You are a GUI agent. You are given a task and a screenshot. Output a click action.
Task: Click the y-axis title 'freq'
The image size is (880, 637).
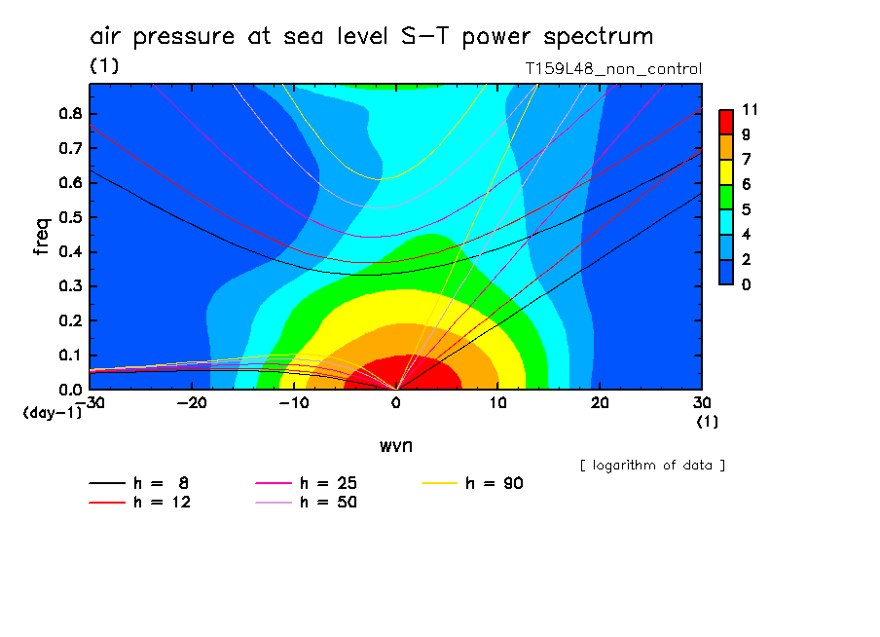tap(41, 236)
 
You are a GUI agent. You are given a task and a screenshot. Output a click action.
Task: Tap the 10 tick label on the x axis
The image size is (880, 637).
tap(497, 403)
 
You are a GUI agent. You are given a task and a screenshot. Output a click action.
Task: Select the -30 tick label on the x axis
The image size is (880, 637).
tap(89, 403)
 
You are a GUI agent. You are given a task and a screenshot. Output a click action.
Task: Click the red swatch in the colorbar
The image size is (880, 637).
tap(726, 121)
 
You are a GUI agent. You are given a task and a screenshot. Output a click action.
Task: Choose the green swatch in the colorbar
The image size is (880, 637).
tap(726, 196)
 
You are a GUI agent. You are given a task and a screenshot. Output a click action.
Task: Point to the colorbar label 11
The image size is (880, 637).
tap(750, 109)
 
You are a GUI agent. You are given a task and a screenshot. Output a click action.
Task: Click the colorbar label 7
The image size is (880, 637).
tap(746, 159)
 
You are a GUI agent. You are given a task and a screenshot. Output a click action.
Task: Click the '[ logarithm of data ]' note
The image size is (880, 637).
tap(652, 465)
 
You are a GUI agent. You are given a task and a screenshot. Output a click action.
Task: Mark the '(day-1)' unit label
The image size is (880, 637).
tap(52, 413)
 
